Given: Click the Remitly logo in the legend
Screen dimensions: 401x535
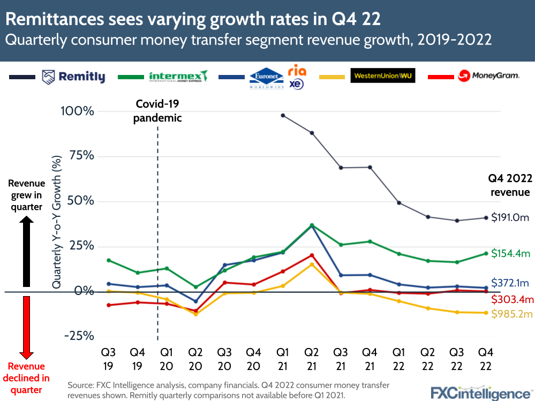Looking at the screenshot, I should pos(73,77).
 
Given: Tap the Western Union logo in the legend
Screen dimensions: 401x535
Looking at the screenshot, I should pos(382,76).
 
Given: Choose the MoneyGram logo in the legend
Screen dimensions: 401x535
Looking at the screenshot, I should pos(488,76).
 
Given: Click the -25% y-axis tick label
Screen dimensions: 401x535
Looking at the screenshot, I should pos(79,336).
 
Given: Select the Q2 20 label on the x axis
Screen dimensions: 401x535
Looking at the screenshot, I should pos(195,359).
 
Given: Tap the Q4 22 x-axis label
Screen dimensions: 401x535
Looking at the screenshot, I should pos(486,359).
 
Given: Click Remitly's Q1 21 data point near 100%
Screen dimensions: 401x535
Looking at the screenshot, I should pos(283,116).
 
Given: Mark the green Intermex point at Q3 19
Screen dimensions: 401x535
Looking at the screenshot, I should pos(109,260).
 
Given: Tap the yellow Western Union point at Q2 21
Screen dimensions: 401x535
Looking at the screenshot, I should pos(312,264).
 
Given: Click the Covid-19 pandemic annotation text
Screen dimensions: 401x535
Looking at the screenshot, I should pos(157,111).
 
